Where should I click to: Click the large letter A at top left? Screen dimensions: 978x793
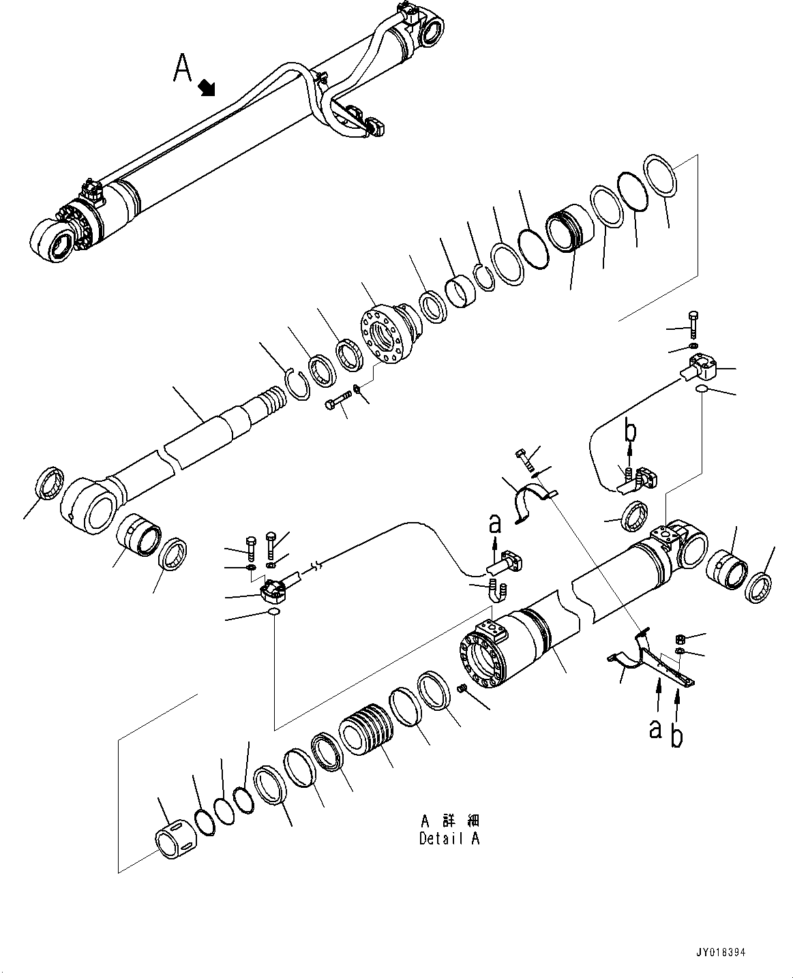click(182, 70)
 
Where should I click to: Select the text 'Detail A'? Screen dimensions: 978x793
click(449, 839)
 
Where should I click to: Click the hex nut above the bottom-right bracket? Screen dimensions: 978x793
click(680, 639)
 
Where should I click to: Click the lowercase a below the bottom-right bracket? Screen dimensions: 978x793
click(655, 729)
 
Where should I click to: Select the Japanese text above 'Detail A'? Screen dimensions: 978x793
click(449, 819)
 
